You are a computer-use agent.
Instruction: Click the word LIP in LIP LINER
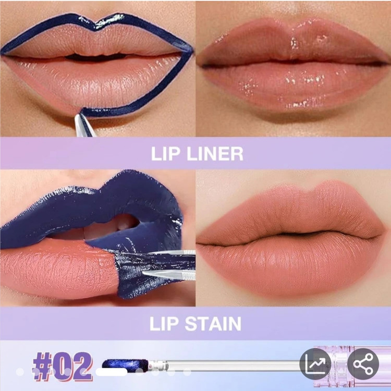pyautogui.click(x=165, y=154)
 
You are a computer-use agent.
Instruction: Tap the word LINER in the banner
pyautogui.click(x=215, y=154)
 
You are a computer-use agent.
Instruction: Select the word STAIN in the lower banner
pyautogui.click(x=213, y=324)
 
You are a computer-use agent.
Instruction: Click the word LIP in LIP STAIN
pyautogui.click(x=164, y=324)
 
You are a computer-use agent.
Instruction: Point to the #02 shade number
pyautogui.click(x=63, y=366)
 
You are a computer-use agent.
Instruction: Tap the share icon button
pyautogui.click(x=363, y=364)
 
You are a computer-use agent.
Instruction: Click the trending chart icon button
pyautogui.click(x=315, y=364)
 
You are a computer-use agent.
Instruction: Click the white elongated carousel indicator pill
pyautogui.click(x=111, y=372)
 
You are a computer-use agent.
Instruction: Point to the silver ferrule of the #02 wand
pyautogui.click(x=159, y=365)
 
